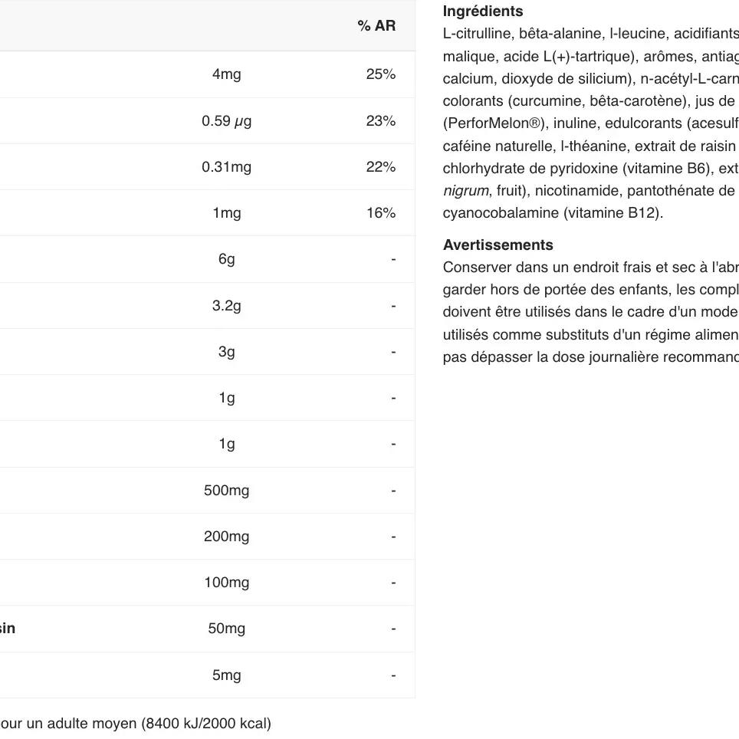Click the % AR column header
coord(376,26)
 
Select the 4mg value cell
coord(226,74)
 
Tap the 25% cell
coord(380,74)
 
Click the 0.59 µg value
coord(226,121)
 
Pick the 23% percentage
coord(380,121)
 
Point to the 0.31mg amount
coord(226,167)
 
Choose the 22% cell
coord(380,167)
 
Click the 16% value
coord(380,213)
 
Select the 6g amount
coord(226,259)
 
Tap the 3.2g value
coord(226,306)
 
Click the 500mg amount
coord(226,491)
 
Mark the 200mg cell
coord(226,537)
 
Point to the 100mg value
coord(226,583)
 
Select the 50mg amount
coord(226,629)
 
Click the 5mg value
coord(226,675)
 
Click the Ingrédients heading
coord(483,11)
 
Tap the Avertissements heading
coord(498,245)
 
